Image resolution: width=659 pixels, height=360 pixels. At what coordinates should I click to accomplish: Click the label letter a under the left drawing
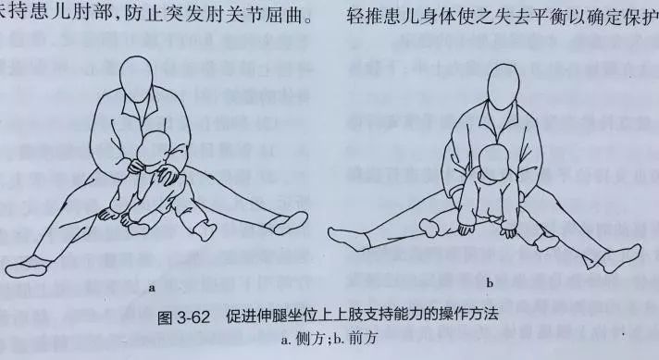[149, 289]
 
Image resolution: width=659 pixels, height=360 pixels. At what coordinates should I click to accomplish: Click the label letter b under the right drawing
[490, 281]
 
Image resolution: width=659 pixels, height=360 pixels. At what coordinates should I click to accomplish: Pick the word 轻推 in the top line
[371, 16]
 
